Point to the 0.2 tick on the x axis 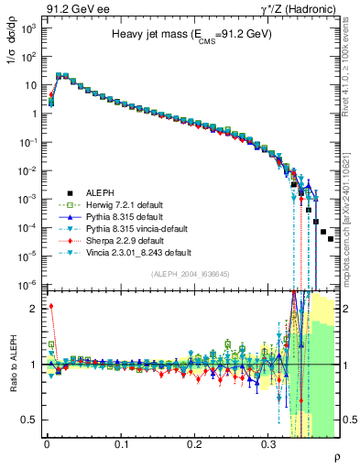[x=194, y=443]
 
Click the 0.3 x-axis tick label [x=268, y=443]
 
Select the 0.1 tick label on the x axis [x=121, y=443]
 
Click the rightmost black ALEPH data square [x=331, y=239]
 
